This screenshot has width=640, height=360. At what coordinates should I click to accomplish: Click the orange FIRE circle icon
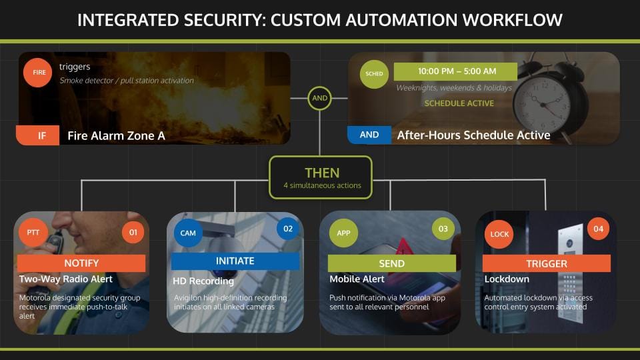tap(39, 73)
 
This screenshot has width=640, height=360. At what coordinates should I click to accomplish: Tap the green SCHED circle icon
tap(375, 74)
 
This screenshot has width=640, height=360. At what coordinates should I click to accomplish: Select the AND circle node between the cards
tap(320, 98)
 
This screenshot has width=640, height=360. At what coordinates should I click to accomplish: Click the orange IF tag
tap(42, 135)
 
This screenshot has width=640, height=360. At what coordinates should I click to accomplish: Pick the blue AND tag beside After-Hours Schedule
tap(369, 135)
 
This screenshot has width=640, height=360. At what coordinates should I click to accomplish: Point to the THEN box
tap(320, 177)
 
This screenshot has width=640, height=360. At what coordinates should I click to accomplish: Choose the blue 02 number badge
tap(288, 229)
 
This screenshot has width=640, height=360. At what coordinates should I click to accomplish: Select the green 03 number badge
tap(443, 229)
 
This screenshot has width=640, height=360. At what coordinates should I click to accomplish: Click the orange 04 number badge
tap(598, 229)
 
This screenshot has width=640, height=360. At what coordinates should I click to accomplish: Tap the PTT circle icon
tap(33, 233)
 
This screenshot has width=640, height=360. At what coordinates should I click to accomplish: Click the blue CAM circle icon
tap(187, 233)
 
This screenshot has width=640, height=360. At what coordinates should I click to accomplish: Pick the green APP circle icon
tap(343, 233)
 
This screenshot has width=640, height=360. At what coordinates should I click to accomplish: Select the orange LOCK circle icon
tap(499, 234)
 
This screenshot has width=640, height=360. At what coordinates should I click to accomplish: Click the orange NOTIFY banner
tap(81, 263)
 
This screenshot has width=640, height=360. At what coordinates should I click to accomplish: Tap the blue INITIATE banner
tap(235, 261)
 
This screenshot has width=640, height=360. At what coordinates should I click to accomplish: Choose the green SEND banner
tap(392, 263)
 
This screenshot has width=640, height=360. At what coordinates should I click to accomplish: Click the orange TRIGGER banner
tap(547, 263)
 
